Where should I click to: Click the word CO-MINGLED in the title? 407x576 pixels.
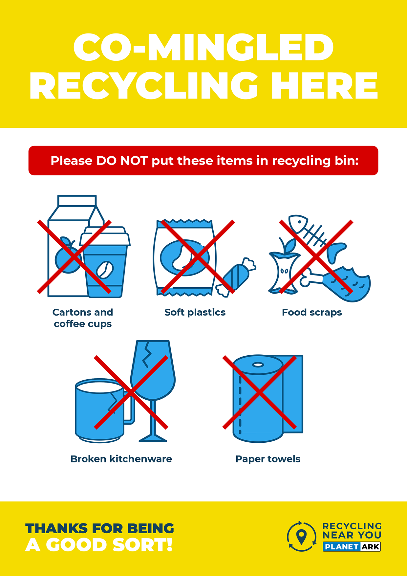tap(203, 47)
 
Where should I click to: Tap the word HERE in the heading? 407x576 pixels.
tap(325, 86)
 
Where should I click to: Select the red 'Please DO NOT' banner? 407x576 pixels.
tap(203, 161)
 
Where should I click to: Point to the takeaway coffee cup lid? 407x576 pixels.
tap(105, 236)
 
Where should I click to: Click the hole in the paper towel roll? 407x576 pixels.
tap(258, 365)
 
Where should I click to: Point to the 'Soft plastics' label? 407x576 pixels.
tap(195, 312)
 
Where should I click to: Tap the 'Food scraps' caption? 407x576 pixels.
tap(312, 312)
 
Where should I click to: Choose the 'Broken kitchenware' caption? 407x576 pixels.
tap(121, 459)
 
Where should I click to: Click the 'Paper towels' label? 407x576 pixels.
tap(268, 459)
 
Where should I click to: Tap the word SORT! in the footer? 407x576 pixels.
tap(142, 545)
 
